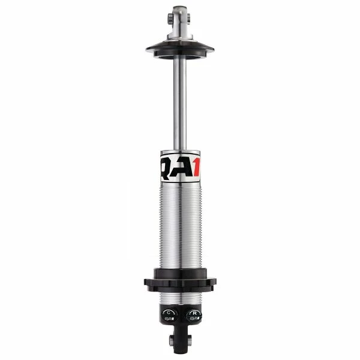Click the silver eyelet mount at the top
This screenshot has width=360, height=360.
click(180, 17)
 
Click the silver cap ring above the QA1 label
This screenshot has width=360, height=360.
click(180, 154)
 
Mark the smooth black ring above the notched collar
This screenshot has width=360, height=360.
click(180, 273)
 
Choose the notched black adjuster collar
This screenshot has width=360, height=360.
click(180, 283)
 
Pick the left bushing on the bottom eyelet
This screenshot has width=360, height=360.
click(172, 340)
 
